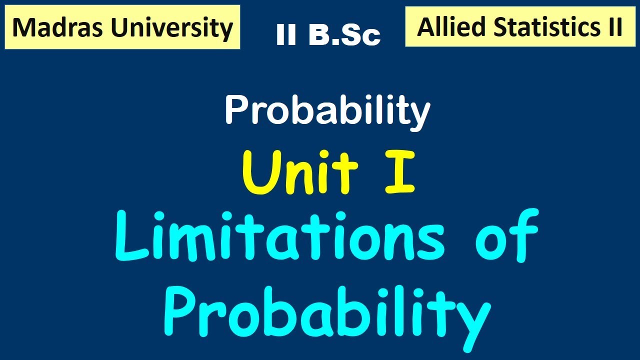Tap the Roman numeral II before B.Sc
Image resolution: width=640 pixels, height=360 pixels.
pyautogui.click(x=286, y=35)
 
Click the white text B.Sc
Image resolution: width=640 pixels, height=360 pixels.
pyautogui.click(x=344, y=35)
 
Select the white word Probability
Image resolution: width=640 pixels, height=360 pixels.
pyautogui.click(x=327, y=111)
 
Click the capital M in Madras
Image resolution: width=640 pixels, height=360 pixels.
pyautogui.click(x=23, y=28)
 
